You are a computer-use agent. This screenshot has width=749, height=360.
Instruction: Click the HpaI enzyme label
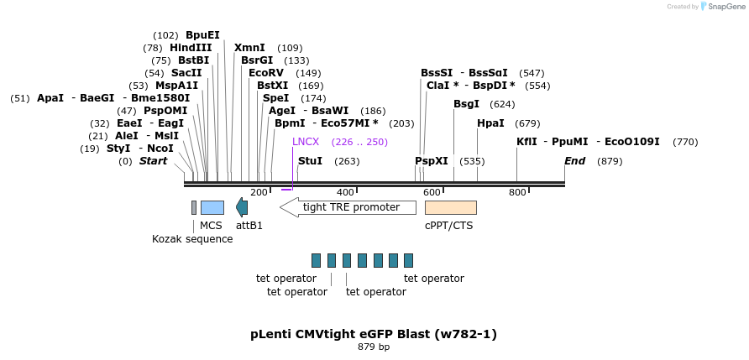(490, 123)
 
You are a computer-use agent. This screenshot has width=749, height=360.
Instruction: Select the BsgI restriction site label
(466, 104)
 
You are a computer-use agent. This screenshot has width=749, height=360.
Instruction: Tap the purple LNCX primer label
(306, 142)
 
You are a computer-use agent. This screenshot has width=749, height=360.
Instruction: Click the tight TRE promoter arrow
(346, 207)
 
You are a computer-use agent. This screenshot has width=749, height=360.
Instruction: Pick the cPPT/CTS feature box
(450, 207)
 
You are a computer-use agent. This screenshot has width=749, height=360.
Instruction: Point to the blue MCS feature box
(212, 207)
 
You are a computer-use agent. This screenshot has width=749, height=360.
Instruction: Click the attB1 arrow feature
(242, 207)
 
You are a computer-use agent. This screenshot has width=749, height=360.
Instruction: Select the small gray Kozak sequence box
(194, 207)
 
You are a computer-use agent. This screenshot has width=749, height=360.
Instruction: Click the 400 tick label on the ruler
(345, 192)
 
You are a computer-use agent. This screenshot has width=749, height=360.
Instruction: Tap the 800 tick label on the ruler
(517, 192)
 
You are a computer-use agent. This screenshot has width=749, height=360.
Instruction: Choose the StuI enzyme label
(310, 161)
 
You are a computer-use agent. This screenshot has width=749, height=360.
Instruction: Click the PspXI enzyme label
(432, 161)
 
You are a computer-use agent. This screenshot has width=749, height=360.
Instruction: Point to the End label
(574, 161)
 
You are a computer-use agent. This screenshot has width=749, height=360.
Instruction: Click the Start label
(153, 161)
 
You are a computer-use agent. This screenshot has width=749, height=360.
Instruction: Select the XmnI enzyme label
(249, 48)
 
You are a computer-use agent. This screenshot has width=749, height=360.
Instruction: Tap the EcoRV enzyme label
(266, 73)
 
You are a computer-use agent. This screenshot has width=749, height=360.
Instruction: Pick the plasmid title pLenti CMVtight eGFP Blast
(374, 334)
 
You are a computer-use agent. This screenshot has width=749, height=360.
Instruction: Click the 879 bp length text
(374, 347)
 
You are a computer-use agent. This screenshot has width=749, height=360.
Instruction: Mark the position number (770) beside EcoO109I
(685, 142)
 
